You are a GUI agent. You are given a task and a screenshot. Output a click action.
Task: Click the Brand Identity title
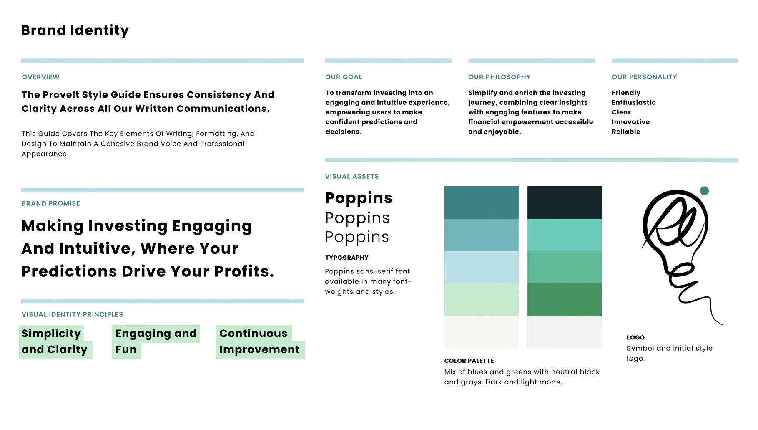point(75,30)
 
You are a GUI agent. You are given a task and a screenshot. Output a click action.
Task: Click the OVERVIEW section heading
point(41,77)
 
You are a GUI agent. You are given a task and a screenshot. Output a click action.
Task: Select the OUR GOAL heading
point(344,77)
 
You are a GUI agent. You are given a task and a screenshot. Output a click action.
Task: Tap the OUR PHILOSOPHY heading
point(499,77)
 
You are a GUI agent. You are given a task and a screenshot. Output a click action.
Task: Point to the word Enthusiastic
point(633,103)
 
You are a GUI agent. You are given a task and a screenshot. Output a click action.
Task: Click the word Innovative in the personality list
point(630,122)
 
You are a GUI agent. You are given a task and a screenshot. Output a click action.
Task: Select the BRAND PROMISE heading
point(51,203)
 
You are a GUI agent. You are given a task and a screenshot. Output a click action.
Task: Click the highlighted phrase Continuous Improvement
point(260,341)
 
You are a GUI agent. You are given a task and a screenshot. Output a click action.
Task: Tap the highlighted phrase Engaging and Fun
point(156,341)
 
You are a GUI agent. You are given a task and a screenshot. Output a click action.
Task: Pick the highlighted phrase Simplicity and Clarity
point(55,341)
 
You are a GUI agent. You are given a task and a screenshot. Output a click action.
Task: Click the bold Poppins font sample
point(359,198)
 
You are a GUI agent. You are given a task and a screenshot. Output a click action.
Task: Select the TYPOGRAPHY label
point(347,258)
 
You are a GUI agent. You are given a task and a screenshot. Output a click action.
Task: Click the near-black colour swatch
point(564,202)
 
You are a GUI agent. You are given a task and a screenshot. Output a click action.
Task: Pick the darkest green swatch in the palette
point(564,300)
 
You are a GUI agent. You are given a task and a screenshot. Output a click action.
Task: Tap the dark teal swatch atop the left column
point(481,202)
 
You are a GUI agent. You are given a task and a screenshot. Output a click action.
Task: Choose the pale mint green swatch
point(481,300)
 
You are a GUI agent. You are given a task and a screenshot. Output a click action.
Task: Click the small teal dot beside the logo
point(704,191)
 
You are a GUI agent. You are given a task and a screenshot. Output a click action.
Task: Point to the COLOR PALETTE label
point(469,361)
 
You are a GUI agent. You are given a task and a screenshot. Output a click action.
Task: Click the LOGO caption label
point(636,337)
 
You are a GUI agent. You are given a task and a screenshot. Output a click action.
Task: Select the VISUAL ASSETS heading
point(352,177)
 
